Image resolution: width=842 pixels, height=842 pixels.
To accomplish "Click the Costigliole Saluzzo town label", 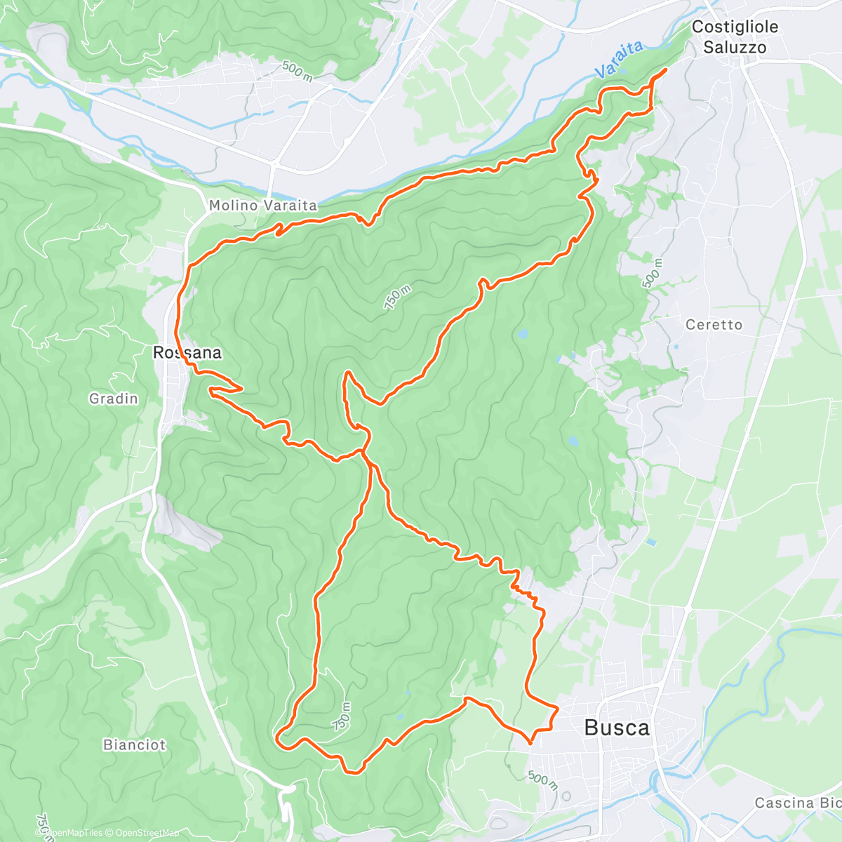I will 735,37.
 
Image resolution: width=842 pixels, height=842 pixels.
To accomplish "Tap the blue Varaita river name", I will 619,59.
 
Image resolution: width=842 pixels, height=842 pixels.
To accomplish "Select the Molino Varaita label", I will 263,206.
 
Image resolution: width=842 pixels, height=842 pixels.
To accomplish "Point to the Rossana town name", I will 187,353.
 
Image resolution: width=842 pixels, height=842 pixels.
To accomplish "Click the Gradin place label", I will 114,399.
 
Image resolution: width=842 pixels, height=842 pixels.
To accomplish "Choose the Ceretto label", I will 714,325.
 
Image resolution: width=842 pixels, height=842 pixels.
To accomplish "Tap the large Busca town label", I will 617,728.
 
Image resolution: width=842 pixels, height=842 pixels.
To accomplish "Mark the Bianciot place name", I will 135,744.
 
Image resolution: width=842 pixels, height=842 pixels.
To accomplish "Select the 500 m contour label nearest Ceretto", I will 652,273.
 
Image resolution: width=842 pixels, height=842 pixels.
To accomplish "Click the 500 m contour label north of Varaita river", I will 298,71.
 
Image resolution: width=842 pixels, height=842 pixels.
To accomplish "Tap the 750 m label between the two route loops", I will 396,298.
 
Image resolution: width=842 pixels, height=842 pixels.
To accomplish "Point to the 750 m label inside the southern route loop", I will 342,716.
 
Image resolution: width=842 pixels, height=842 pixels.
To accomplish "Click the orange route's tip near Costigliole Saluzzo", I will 664,69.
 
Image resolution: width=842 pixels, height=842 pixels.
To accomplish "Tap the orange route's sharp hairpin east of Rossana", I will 241,387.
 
